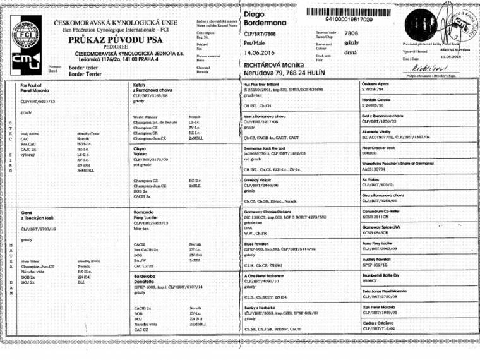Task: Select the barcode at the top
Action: [x=352, y=11]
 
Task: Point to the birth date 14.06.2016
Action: [x=260, y=53]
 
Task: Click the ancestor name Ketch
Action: [x=140, y=84]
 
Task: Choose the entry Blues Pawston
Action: [x=257, y=242]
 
